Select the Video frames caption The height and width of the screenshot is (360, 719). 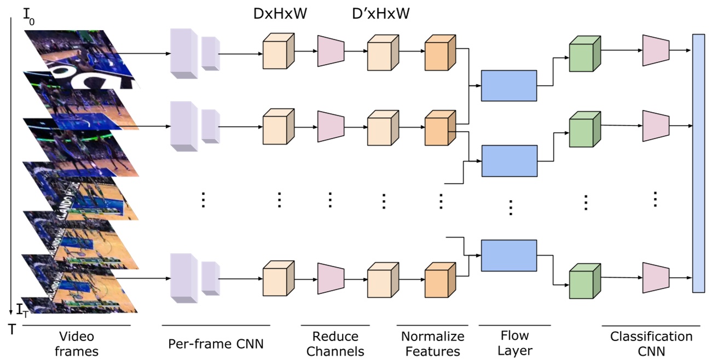pyautogui.click(x=77, y=343)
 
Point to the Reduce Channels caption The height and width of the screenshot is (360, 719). pyautogui.click(x=335, y=343)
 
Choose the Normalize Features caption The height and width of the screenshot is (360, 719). pyautogui.click(x=432, y=343)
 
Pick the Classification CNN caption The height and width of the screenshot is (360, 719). pyautogui.click(x=651, y=343)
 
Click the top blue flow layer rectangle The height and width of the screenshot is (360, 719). pyautogui.click(x=508, y=85)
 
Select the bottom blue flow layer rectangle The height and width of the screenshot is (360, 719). pyautogui.click(x=508, y=255)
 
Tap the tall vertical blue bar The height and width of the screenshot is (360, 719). pyautogui.click(x=698, y=163)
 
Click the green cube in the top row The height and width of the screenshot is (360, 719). pyautogui.click(x=584, y=55)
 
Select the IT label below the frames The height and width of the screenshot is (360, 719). pyautogui.click(x=22, y=311)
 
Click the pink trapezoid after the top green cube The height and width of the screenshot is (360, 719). pyautogui.click(x=656, y=49)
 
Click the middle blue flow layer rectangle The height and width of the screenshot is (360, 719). pyautogui.click(x=509, y=161)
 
